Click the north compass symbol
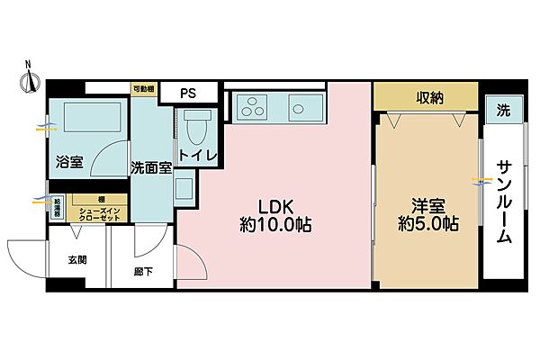(x=28, y=80)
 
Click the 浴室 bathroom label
(x=69, y=163)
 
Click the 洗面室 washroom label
(x=150, y=167)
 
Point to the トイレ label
(x=198, y=155)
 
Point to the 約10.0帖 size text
(x=275, y=224)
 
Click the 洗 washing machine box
(x=502, y=109)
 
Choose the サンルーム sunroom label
(x=504, y=202)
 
